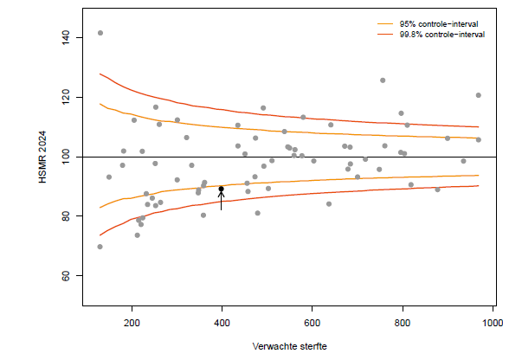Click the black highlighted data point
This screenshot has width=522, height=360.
coord(222,189)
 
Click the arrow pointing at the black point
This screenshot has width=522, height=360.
coord(222,202)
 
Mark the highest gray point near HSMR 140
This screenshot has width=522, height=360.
coord(100,33)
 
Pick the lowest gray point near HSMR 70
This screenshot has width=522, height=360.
coord(100,247)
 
